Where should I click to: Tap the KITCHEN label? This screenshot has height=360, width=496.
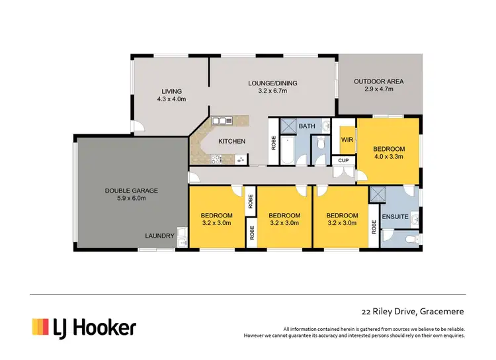[x=231, y=141]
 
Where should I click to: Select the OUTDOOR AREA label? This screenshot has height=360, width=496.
[x=378, y=81]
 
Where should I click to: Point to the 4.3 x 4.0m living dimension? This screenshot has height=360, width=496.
[x=171, y=99]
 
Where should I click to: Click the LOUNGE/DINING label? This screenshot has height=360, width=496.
[x=272, y=83]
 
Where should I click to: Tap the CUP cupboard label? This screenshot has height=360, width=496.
[x=343, y=160]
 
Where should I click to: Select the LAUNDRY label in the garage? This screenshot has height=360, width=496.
[x=161, y=236]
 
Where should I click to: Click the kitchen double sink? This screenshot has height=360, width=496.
[x=220, y=120]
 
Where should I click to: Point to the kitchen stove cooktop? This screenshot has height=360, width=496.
[x=239, y=159]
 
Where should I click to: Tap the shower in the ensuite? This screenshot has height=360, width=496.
[x=377, y=194]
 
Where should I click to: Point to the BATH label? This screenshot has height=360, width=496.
[x=307, y=126]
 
